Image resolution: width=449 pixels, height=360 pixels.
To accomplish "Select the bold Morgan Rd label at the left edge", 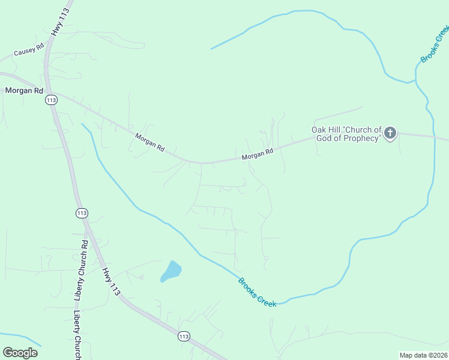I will coord(25,91).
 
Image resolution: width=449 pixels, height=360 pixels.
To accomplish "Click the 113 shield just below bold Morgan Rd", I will coord(52,100).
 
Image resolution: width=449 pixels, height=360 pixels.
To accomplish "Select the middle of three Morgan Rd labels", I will coord(150,142).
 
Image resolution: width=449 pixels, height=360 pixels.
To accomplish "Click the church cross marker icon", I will coord(390,133).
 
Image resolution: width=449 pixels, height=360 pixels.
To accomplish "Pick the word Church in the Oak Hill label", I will coord(363,130).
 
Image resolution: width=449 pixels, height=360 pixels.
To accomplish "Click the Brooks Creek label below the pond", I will coord(257,292).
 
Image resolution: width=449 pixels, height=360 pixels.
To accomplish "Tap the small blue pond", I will coord(170,272).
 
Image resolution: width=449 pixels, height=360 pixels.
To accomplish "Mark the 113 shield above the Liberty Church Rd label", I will coord(82,213).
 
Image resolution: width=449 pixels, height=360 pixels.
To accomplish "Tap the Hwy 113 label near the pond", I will coord(110,281).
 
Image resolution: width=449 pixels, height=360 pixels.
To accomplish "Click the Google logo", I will coord(20,352).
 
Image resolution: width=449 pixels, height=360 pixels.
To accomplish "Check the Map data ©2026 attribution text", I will coord(423,355).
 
